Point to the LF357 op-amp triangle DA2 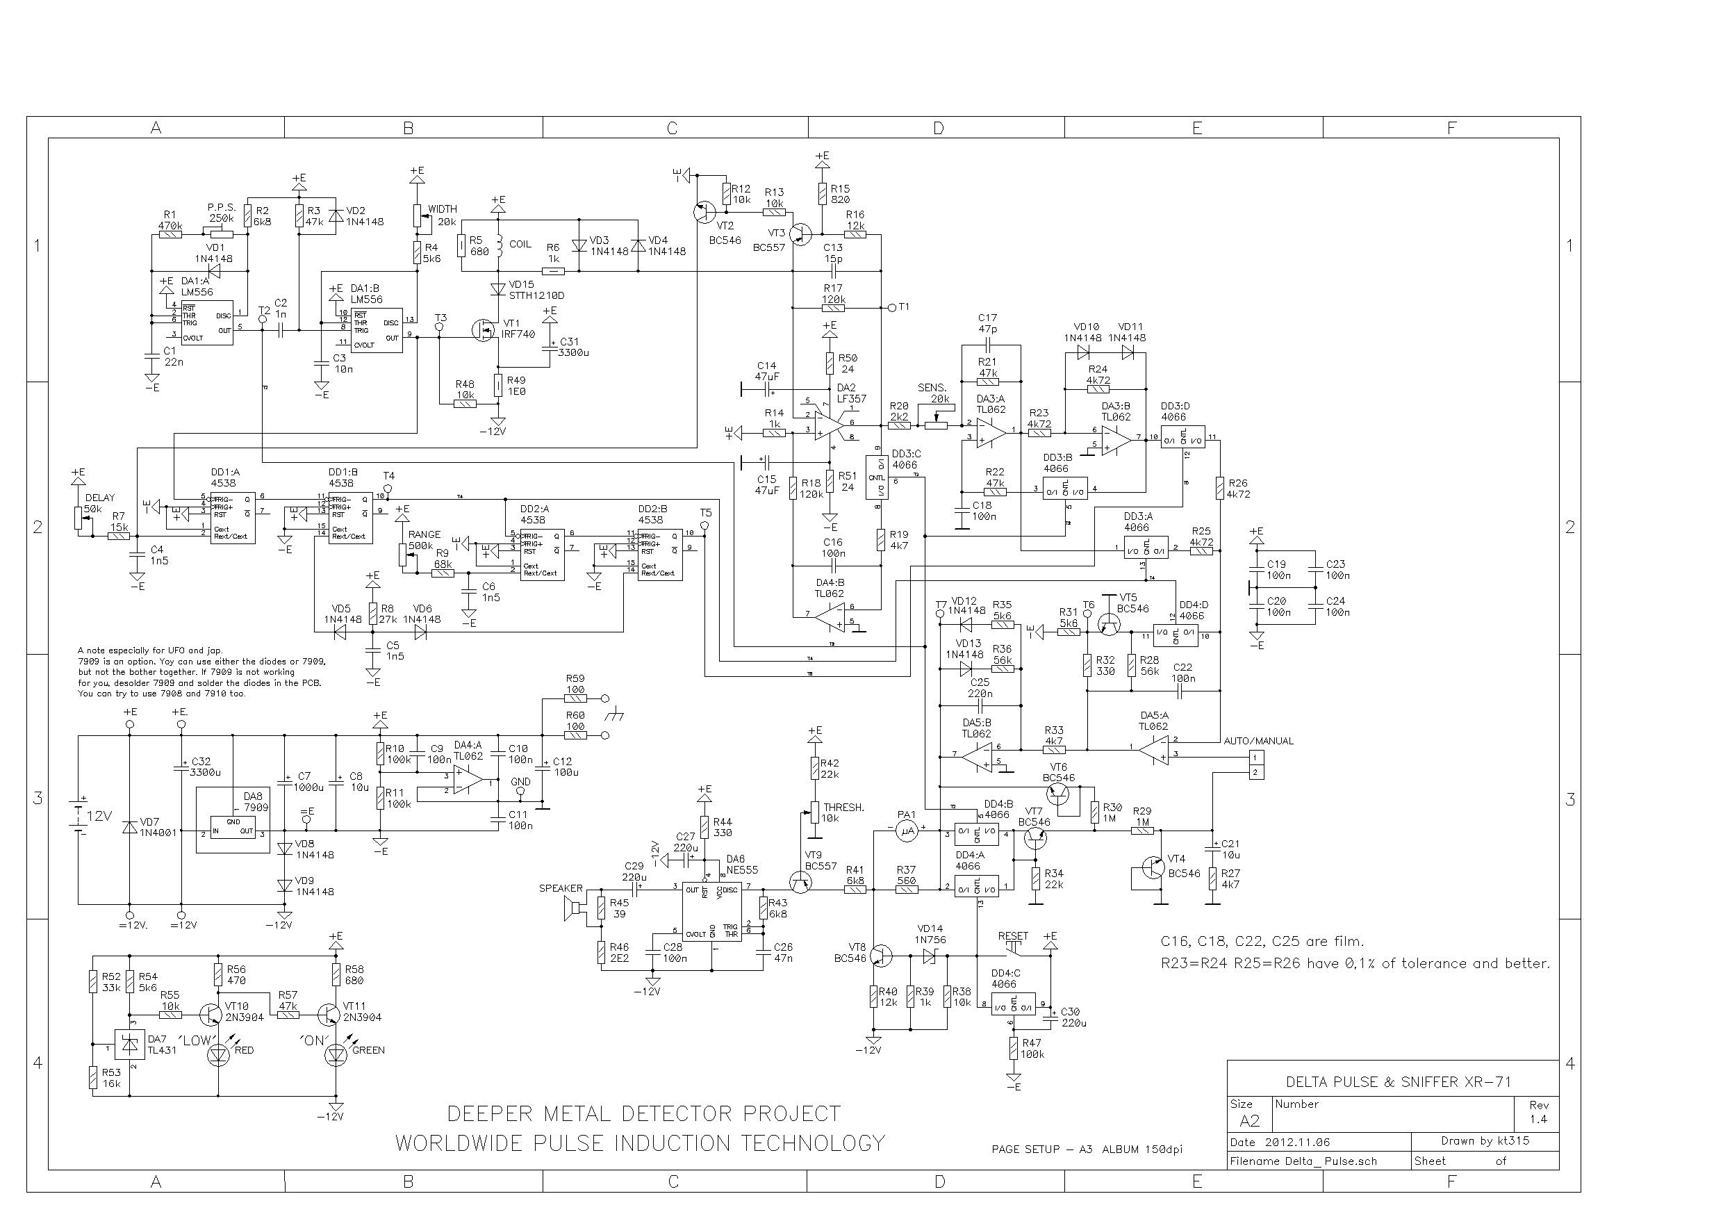(x=830, y=424)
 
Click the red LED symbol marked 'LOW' (x=218, y=1054)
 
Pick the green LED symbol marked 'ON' (x=336, y=1054)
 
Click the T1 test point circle (x=891, y=307)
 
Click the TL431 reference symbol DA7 (x=131, y=1044)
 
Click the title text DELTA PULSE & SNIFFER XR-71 (x=1398, y=1081)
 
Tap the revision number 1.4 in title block (x=1537, y=1119)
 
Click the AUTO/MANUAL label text (x=1258, y=741)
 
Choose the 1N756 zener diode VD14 (x=930, y=956)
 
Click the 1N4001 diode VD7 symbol (x=130, y=827)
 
